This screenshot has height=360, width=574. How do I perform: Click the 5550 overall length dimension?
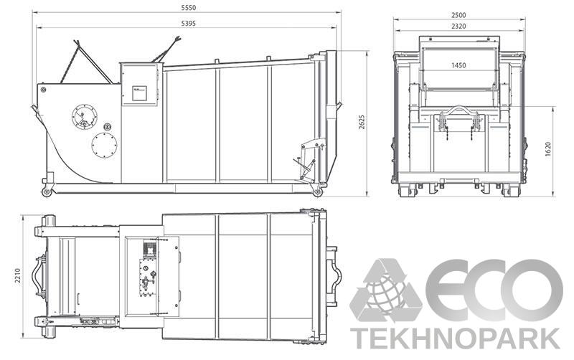click(189, 7)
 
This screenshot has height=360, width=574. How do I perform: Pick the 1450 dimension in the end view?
click(459, 65)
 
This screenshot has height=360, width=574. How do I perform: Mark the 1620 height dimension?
click(548, 149)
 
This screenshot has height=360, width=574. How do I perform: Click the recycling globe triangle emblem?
click(386, 290)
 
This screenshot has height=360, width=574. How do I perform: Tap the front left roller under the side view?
click(47, 192)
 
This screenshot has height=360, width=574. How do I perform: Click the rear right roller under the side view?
click(317, 191)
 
